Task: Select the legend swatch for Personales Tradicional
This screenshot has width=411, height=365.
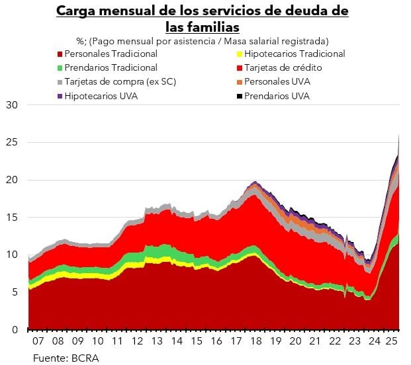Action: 61,54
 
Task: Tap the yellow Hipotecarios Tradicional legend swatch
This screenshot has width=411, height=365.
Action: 239,54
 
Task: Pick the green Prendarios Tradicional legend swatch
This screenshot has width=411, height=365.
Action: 61,68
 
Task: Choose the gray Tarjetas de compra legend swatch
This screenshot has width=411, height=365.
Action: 61,82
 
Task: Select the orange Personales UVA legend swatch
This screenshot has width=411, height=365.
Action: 239,82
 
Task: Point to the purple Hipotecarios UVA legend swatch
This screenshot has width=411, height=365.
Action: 61,96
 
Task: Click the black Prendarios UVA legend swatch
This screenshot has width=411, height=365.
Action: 239,96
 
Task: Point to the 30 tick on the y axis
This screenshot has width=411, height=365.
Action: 13,105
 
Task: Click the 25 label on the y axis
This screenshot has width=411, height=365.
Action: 13,142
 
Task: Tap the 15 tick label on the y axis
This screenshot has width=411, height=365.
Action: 13,218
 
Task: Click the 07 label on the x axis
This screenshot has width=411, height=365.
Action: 38,342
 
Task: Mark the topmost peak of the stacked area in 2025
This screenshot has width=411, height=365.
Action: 399,133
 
